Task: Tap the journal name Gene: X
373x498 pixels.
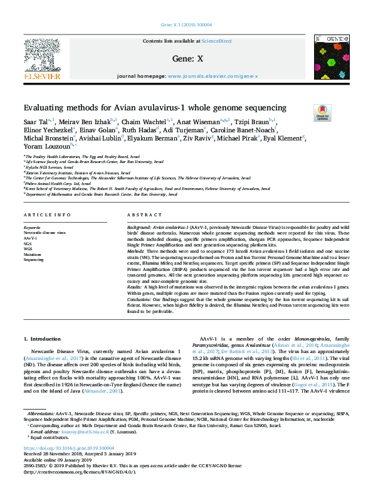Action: tap(186, 58)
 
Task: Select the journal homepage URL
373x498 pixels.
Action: tap(213, 76)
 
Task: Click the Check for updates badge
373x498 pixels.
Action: tap(322, 112)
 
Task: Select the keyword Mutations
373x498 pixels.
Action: tap(33, 254)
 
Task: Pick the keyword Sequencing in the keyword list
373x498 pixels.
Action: tap(34, 259)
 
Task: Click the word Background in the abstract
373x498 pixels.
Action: tap(139, 225)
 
